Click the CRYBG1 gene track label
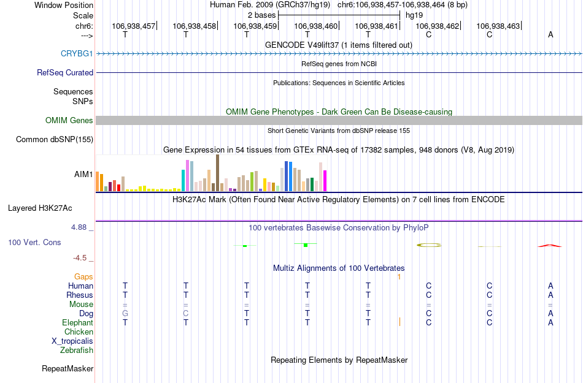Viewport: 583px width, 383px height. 77,53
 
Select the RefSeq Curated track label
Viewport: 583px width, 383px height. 65,72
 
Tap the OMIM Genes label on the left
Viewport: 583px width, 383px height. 69,120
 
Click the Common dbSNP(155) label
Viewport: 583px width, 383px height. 54,140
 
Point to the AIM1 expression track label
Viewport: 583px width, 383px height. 83,174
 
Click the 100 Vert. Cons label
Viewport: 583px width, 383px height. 34,242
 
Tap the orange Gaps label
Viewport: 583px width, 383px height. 83,276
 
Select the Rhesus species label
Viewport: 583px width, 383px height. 80,295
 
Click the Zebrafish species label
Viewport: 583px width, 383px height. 77,351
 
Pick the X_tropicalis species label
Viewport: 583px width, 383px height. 72,341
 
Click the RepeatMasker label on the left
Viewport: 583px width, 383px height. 68,368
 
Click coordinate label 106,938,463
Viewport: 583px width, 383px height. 498,26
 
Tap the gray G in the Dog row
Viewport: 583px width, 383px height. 125,313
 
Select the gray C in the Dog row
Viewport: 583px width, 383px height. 186,313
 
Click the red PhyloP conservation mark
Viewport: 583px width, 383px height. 550,245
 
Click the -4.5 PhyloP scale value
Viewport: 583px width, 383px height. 82,258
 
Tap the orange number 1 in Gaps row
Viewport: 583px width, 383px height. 399,276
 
